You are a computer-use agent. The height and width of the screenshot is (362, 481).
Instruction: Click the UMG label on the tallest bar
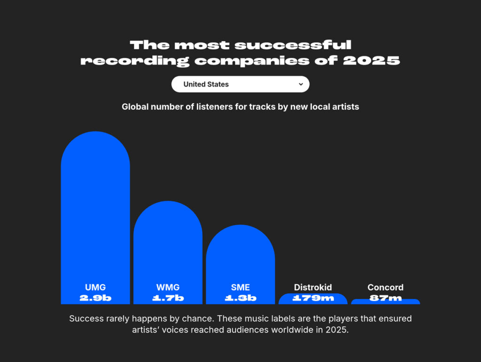tap(95, 287)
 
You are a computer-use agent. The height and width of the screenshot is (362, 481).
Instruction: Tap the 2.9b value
tap(95, 298)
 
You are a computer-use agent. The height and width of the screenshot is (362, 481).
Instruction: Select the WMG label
tap(168, 287)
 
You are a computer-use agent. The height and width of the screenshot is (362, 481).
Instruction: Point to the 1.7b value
tap(168, 298)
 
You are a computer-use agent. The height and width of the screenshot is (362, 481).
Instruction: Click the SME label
tap(240, 287)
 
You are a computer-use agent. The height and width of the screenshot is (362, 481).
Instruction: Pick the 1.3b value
tap(240, 298)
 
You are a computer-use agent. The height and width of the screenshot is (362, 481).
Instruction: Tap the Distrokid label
tap(313, 287)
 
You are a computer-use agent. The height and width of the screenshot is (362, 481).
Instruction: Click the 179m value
tap(313, 298)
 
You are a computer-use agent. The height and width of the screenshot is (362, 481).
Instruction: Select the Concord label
tap(385, 287)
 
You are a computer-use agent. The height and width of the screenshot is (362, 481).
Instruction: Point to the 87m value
tap(385, 298)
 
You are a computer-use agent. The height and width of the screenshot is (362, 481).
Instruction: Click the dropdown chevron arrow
tap(301, 84)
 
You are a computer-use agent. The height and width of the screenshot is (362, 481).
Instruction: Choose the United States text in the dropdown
tap(206, 85)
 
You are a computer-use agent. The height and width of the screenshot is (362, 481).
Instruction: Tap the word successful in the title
tap(293, 45)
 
